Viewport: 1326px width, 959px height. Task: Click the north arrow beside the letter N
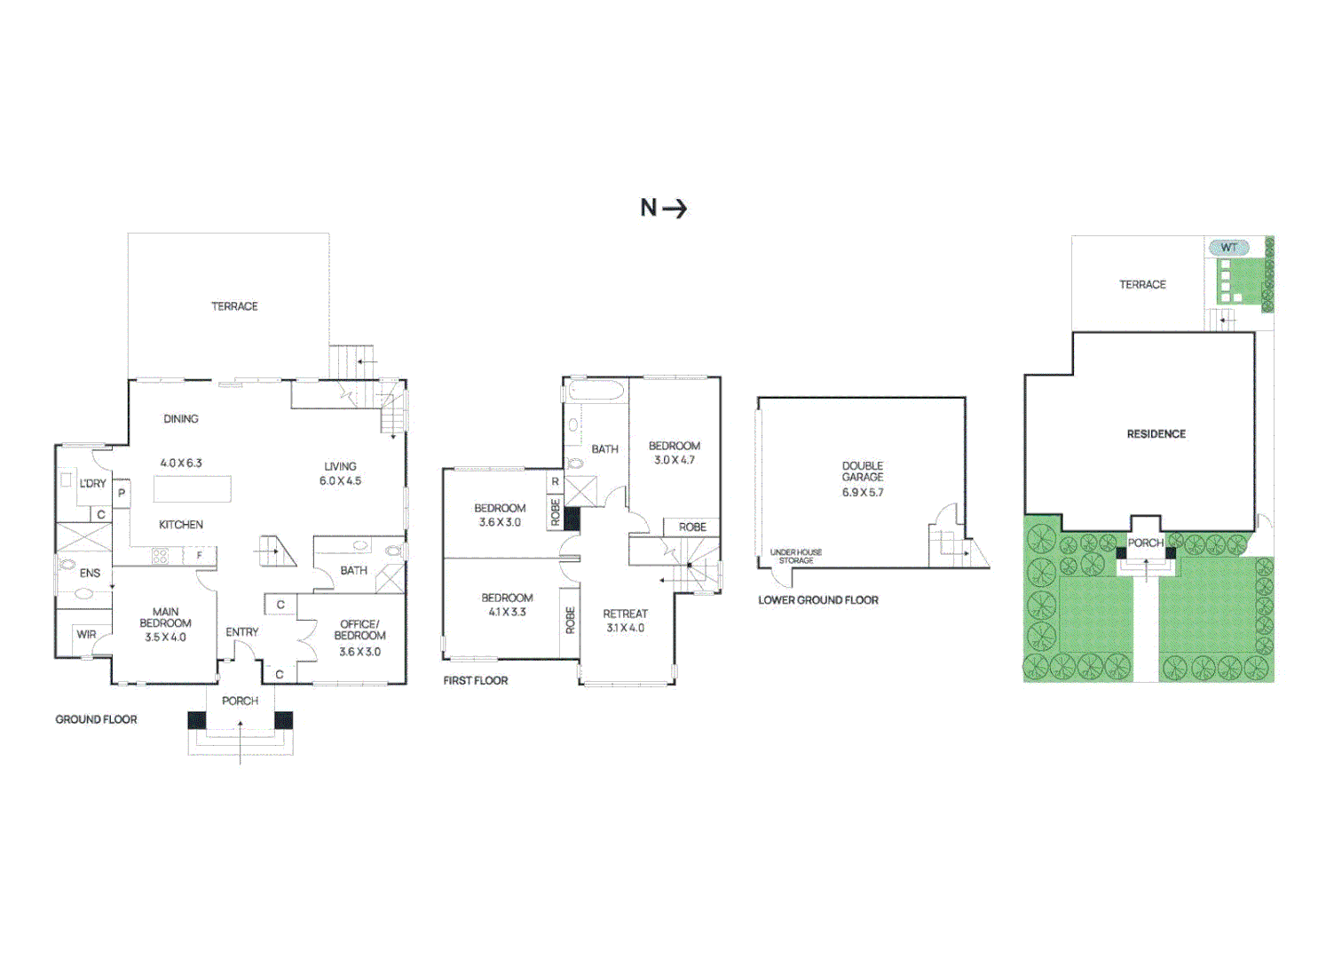click(x=675, y=209)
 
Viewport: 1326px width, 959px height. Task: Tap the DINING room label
click(x=181, y=419)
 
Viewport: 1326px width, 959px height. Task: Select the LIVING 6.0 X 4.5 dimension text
click(x=341, y=481)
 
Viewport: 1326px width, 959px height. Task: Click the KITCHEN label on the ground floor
click(x=181, y=525)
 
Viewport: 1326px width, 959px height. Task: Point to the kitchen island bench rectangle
click(x=193, y=489)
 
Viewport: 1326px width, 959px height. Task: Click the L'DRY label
click(x=92, y=484)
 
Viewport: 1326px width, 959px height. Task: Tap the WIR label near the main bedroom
click(x=86, y=635)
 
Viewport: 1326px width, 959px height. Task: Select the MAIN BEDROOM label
click(x=165, y=618)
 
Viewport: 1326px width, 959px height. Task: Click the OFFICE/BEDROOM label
click(x=360, y=630)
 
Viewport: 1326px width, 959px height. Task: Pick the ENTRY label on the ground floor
click(x=242, y=632)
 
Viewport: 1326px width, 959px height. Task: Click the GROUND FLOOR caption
click(x=96, y=720)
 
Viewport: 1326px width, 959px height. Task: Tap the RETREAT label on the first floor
click(x=626, y=614)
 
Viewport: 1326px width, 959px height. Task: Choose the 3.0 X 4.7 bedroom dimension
click(x=675, y=460)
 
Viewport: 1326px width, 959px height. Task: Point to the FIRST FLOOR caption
click(x=476, y=681)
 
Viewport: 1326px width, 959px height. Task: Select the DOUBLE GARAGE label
click(x=863, y=472)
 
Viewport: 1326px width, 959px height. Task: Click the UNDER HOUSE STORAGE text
click(x=796, y=557)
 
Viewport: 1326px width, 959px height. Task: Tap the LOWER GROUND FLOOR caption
click(x=818, y=600)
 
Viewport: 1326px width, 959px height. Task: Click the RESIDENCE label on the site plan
click(x=1156, y=434)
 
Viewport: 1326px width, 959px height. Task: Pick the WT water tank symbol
click(x=1228, y=248)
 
